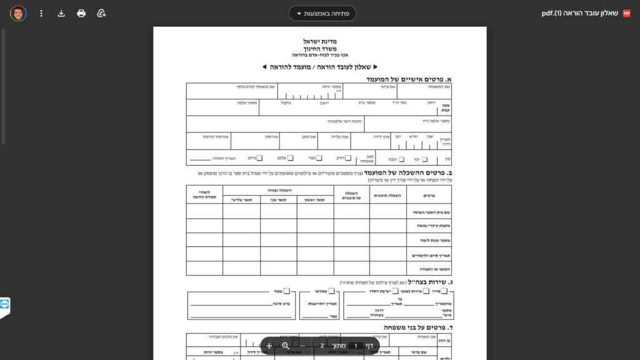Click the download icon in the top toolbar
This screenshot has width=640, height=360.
(61, 13)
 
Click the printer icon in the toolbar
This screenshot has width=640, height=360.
(81, 13)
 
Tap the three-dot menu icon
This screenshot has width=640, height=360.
(41, 13)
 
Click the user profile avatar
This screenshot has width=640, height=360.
(18, 13)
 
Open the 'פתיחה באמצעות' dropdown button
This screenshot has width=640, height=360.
(322, 13)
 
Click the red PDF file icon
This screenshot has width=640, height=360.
(627, 13)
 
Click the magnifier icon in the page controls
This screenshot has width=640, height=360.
(286, 346)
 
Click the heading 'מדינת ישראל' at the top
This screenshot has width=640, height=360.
(319, 41)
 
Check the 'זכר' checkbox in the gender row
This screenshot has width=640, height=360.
(425, 159)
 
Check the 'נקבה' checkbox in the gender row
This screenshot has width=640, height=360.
(402, 159)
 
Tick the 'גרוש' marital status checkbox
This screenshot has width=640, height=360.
(259, 158)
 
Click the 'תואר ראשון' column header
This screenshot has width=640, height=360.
(315, 199)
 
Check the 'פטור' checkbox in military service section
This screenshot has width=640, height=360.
(286, 291)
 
